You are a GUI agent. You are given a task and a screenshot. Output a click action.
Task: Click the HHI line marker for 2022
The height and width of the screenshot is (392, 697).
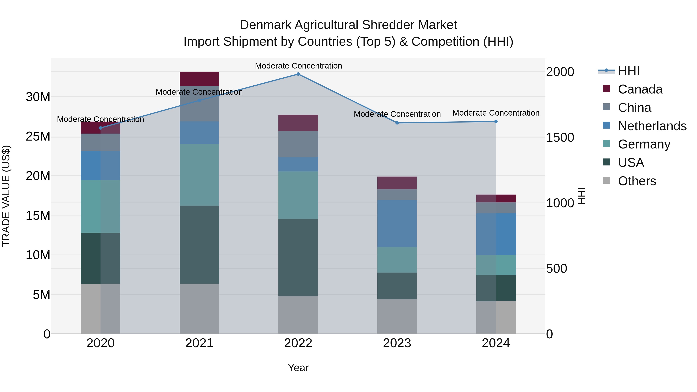coord(298,74)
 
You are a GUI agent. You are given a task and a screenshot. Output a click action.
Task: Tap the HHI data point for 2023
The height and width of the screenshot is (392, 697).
coord(397,123)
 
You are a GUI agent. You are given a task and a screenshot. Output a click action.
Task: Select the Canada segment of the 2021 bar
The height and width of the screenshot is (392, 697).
coord(199,79)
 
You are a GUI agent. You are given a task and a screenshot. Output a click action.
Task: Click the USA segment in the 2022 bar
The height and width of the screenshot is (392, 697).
coord(298,257)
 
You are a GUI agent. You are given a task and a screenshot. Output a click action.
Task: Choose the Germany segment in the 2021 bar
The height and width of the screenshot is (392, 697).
coord(199,175)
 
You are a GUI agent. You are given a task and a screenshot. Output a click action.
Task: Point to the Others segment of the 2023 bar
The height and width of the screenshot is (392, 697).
coord(397,316)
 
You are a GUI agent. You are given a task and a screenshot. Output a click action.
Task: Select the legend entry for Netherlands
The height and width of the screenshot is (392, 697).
coord(652,126)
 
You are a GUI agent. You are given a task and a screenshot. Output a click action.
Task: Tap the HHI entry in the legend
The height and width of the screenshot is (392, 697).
coord(628,71)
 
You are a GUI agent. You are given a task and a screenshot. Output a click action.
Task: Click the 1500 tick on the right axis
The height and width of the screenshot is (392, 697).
coord(560,137)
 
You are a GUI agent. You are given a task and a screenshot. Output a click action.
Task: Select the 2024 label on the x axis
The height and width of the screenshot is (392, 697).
coord(496,343)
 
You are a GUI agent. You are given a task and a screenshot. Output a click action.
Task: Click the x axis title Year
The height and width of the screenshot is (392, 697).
coord(298,368)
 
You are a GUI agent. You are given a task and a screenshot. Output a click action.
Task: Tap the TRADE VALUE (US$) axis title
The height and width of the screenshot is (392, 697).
coord(6,196)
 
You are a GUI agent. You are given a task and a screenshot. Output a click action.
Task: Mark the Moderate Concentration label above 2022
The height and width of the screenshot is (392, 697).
coord(298,66)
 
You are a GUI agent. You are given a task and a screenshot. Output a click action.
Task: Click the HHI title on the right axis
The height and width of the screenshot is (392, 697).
coord(581,196)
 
